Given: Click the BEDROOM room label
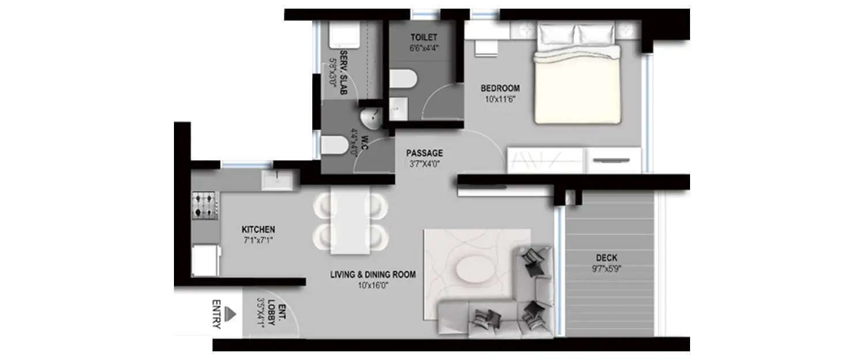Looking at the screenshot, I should [x=500, y=88].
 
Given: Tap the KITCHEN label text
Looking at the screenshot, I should [x=258, y=229].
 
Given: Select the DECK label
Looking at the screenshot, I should [x=607, y=258].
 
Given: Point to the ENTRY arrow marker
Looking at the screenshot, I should [x=231, y=313].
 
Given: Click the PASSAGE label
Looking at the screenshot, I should [x=425, y=153].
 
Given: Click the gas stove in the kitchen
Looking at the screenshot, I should [x=204, y=206].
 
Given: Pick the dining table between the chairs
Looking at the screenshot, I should [x=350, y=221].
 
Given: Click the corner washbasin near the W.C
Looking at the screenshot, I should [x=370, y=117].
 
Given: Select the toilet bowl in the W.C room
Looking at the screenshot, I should [x=334, y=145].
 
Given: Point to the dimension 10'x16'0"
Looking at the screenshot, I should [x=373, y=284].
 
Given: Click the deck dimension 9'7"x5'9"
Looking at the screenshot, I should [x=607, y=268].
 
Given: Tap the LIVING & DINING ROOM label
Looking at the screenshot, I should [x=373, y=274].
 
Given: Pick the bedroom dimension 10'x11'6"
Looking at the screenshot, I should [x=499, y=98].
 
